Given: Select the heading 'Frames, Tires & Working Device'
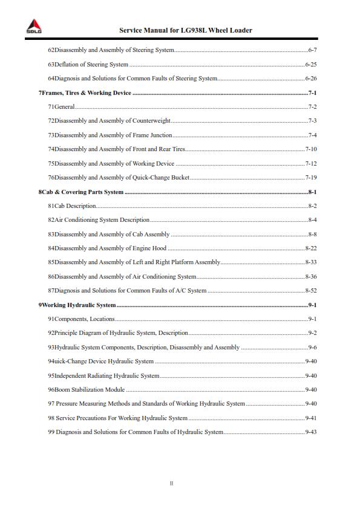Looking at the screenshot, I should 85,92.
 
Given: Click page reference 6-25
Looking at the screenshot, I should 311,64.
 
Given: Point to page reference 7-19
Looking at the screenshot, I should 311,178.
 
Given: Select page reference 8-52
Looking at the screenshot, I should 311,291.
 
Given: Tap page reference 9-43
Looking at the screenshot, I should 311,432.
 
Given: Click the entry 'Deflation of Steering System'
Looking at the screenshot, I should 91,64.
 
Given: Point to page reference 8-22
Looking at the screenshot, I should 311,248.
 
